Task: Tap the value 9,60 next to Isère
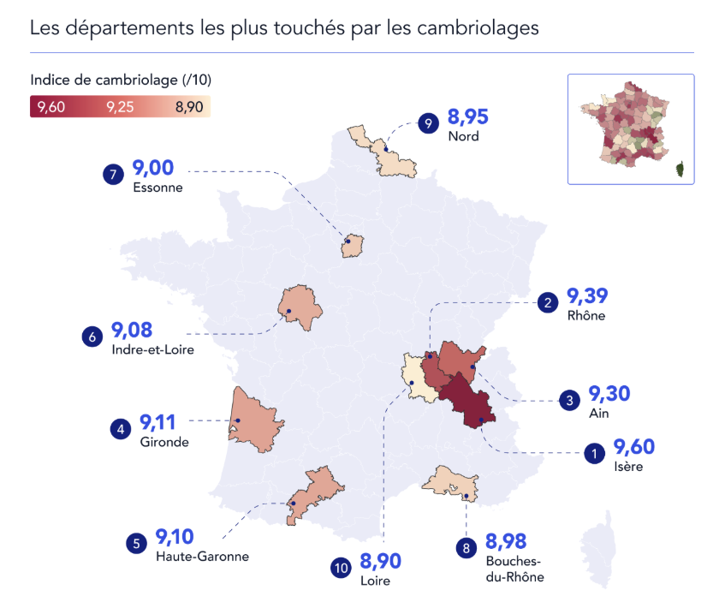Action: coord(634,448)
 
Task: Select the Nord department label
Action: coord(463,136)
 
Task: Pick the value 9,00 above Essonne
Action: coord(155,170)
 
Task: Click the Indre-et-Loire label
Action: coord(152,349)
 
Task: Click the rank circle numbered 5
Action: coord(136,543)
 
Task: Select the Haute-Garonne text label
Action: coord(202,556)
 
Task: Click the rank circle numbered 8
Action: coord(466,548)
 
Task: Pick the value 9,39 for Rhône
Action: coord(588,297)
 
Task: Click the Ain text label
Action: coord(599,413)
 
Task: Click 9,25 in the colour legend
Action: coord(120,107)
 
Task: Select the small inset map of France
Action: coord(631,129)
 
